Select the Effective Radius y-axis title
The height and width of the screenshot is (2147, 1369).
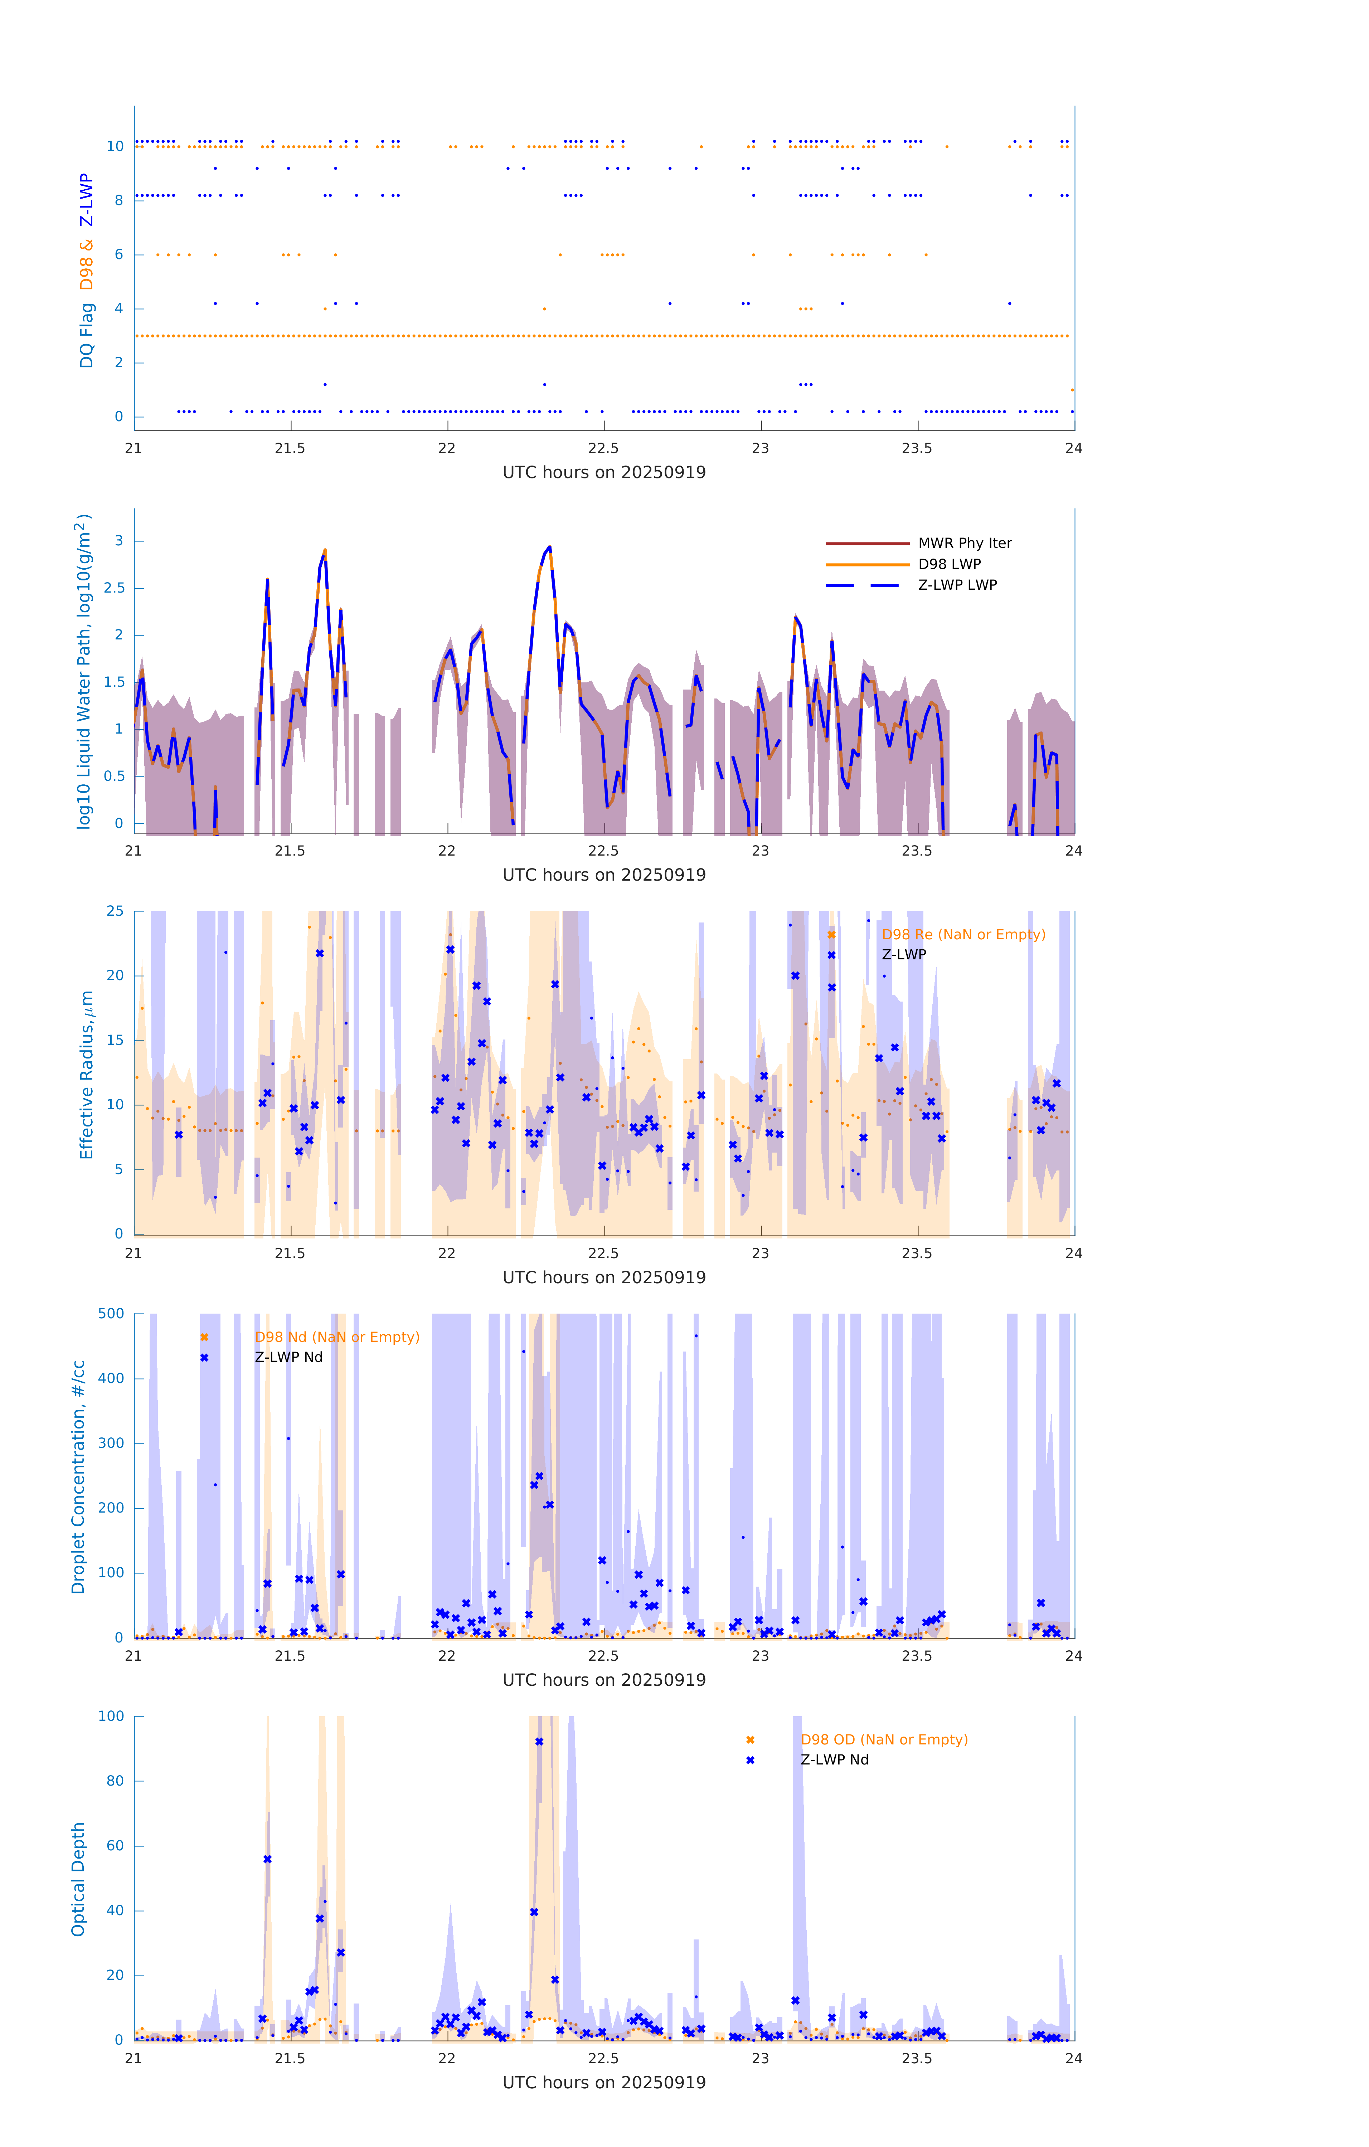(x=87, y=1074)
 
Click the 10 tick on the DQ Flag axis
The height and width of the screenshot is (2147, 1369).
(x=115, y=146)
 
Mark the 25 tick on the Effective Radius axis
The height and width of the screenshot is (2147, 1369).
(x=115, y=911)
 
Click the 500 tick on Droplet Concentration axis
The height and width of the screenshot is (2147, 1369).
(x=111, y=1313)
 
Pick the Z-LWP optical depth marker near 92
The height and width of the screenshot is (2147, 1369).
(x=539, y=1741)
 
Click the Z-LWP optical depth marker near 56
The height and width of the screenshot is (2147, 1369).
(x=268, y=1859)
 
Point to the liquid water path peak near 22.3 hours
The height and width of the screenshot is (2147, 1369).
(x=548, y=547)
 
